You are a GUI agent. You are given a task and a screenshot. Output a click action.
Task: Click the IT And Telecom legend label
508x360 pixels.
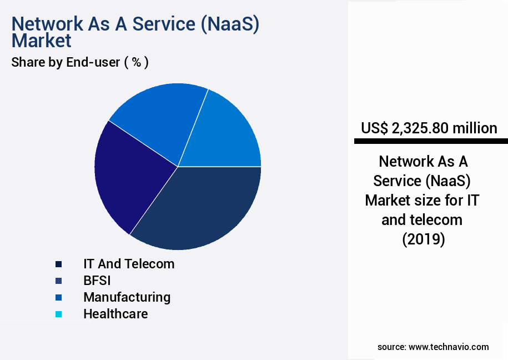[129, 264]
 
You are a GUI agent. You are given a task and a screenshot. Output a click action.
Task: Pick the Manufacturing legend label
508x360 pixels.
[127, 297]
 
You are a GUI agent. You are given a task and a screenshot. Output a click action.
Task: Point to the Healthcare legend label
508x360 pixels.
[115, 314]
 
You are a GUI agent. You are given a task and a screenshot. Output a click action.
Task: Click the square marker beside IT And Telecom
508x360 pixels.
[58, 264]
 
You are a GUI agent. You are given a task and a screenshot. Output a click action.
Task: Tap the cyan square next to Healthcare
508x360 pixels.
[58, 314]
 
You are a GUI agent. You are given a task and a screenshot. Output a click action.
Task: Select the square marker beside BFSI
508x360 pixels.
[58, 281]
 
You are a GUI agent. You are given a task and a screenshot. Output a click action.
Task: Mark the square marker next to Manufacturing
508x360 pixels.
[58, 297]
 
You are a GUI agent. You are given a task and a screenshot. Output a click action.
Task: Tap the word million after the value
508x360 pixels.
[475, 128]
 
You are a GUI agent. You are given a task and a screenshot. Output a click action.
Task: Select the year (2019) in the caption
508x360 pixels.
[423, 239]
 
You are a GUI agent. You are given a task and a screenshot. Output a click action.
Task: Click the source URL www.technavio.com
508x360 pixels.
[449, 347]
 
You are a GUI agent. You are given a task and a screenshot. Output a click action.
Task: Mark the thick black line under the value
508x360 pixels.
[431, 142]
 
